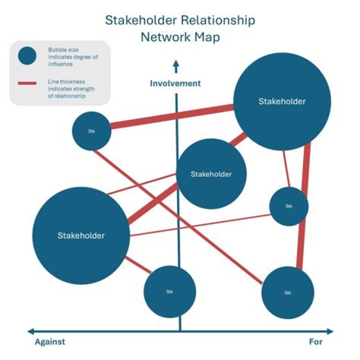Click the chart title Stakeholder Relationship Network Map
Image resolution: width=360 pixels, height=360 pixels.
[x=179, y=28]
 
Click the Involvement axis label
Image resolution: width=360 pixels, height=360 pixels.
[x=175, y=83]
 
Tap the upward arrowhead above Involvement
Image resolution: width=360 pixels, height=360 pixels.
[x=175, y=64]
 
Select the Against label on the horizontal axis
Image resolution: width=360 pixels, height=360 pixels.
[x=50, y=342]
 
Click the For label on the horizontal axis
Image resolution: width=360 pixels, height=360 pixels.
[x=315, y=342]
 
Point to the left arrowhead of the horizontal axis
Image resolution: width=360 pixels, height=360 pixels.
[x=31, y=331]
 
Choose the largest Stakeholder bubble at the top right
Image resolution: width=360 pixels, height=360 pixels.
[x=282, y=101]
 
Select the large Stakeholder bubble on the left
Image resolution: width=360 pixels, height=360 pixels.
[x=81, y=235]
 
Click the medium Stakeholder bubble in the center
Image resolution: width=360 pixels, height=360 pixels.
[x=211, y=174]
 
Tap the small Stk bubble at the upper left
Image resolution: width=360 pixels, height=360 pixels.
[x=91, y=131]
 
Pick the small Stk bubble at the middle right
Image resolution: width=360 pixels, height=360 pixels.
[x=288, y=206]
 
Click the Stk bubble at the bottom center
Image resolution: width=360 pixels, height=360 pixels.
[x=169, y=292]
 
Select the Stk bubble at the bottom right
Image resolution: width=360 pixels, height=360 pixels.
[x=287, y=292]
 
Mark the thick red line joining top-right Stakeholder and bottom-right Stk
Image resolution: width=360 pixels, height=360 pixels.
[x=303, y=205]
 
